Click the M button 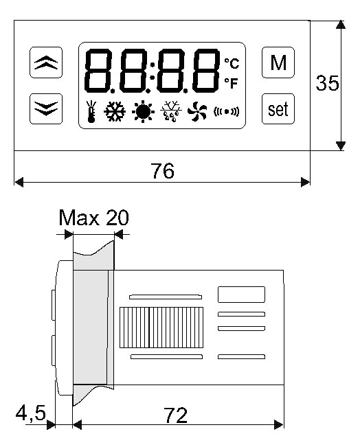278,62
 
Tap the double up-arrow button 46,62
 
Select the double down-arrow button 46,108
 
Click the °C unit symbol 232,64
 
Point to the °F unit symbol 231,83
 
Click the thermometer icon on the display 91,111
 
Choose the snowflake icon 115,111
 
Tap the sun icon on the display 143,111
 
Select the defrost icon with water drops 171,111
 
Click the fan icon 197,111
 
